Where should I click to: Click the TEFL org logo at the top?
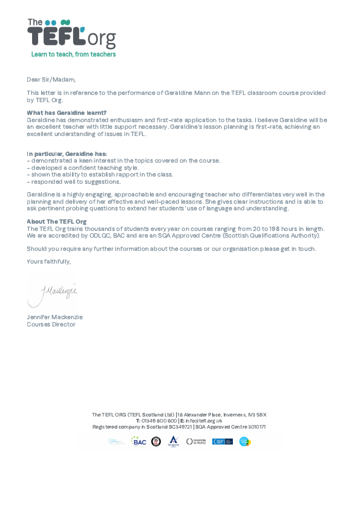click(71, 34)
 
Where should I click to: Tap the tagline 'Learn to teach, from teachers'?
click(73, 54)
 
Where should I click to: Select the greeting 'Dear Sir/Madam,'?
click(51, 79)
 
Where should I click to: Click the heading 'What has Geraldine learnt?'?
click(67, 113)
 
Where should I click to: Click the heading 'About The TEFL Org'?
click(56, 221)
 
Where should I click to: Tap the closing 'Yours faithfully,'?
click(48, 261)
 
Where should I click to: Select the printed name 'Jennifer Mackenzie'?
click(54, 317)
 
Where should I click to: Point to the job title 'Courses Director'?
click(51, 324)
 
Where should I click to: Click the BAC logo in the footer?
click(139, 441)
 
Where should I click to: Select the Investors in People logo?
click(195, 441)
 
